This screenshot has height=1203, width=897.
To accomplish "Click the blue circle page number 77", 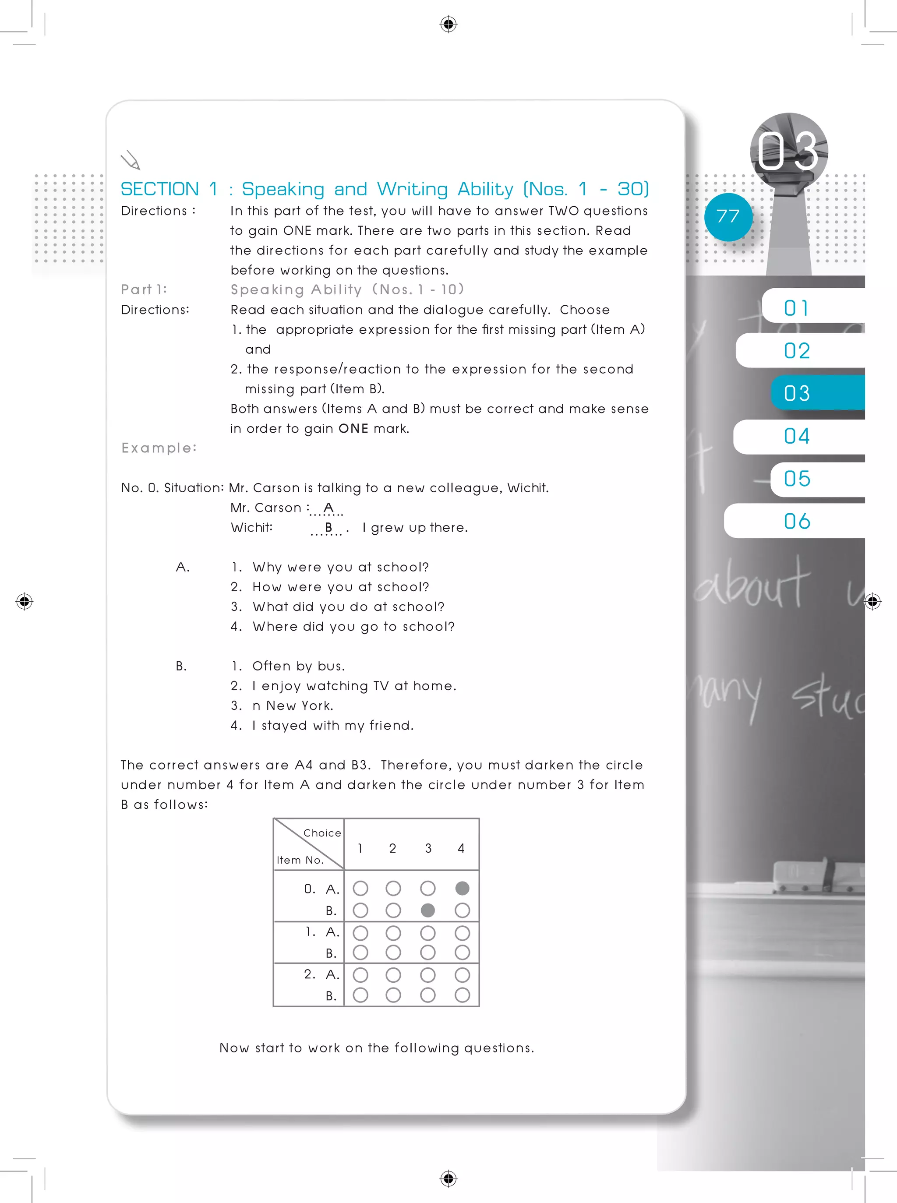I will coord(727,217).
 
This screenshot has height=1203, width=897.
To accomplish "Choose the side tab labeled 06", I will coord(797,521).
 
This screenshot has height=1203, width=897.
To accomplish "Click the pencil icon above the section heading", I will coord(131,160).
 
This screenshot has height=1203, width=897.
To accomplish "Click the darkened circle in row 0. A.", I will coord(462,888).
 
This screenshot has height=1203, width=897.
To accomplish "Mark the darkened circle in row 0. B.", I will coord(428,910).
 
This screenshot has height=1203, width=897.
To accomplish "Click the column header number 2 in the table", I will coord(392,848).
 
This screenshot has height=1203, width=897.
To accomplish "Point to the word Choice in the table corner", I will coord(322,833).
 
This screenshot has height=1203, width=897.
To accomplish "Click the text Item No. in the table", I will coord(300,860).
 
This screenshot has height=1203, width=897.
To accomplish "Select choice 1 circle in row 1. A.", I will coord(360,933).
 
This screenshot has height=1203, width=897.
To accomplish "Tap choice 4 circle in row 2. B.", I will coord(462,995).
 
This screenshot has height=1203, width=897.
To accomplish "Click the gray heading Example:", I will coord(159,448).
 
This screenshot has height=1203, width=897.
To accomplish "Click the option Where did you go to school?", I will coord(353,627).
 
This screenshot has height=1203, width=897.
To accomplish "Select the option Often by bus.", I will coord(299,666).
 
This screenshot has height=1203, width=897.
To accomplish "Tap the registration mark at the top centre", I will coord(448,24).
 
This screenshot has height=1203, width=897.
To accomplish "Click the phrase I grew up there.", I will coord(415,528).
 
